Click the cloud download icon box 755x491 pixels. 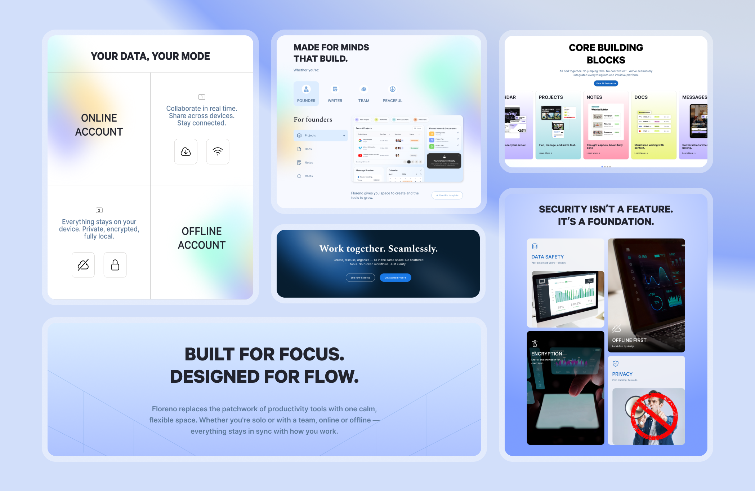pyautogui.click(x=186, y=152)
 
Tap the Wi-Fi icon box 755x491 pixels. pyautogui.click(x=218, y=152)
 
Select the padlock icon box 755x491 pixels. pyautogui.click(x=115, y=265)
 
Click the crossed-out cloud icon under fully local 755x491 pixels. pyautogui.click(x=83, y=265)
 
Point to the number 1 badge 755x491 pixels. pyautogui.click(x=202, y=97)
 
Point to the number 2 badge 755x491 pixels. pyautogui.click(x=99, y=210)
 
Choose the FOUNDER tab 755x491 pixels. pyautogui.click(x=306, y=93)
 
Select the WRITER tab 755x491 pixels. pyautogui.click(x=335, y=93)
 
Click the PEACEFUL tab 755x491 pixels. pyautogui.click(x=392, y=93)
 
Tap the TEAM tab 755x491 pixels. pyautogui.click(x=364, y=93)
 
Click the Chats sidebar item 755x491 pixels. pyautogui.click(x=308, y=176)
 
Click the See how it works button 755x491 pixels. pyautogui.click(x=360, y=277)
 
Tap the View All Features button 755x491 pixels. pyautogui.click(x=606, y=83)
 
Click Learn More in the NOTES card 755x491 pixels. pyautogui.click(x=593, y=153)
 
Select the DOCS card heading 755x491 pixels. pyautogui.click(x=641, y=97)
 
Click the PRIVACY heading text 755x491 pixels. pyautogui.click(x=622, y=374)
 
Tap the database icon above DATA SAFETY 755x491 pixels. pyautogui.click(x=535, y=246)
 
